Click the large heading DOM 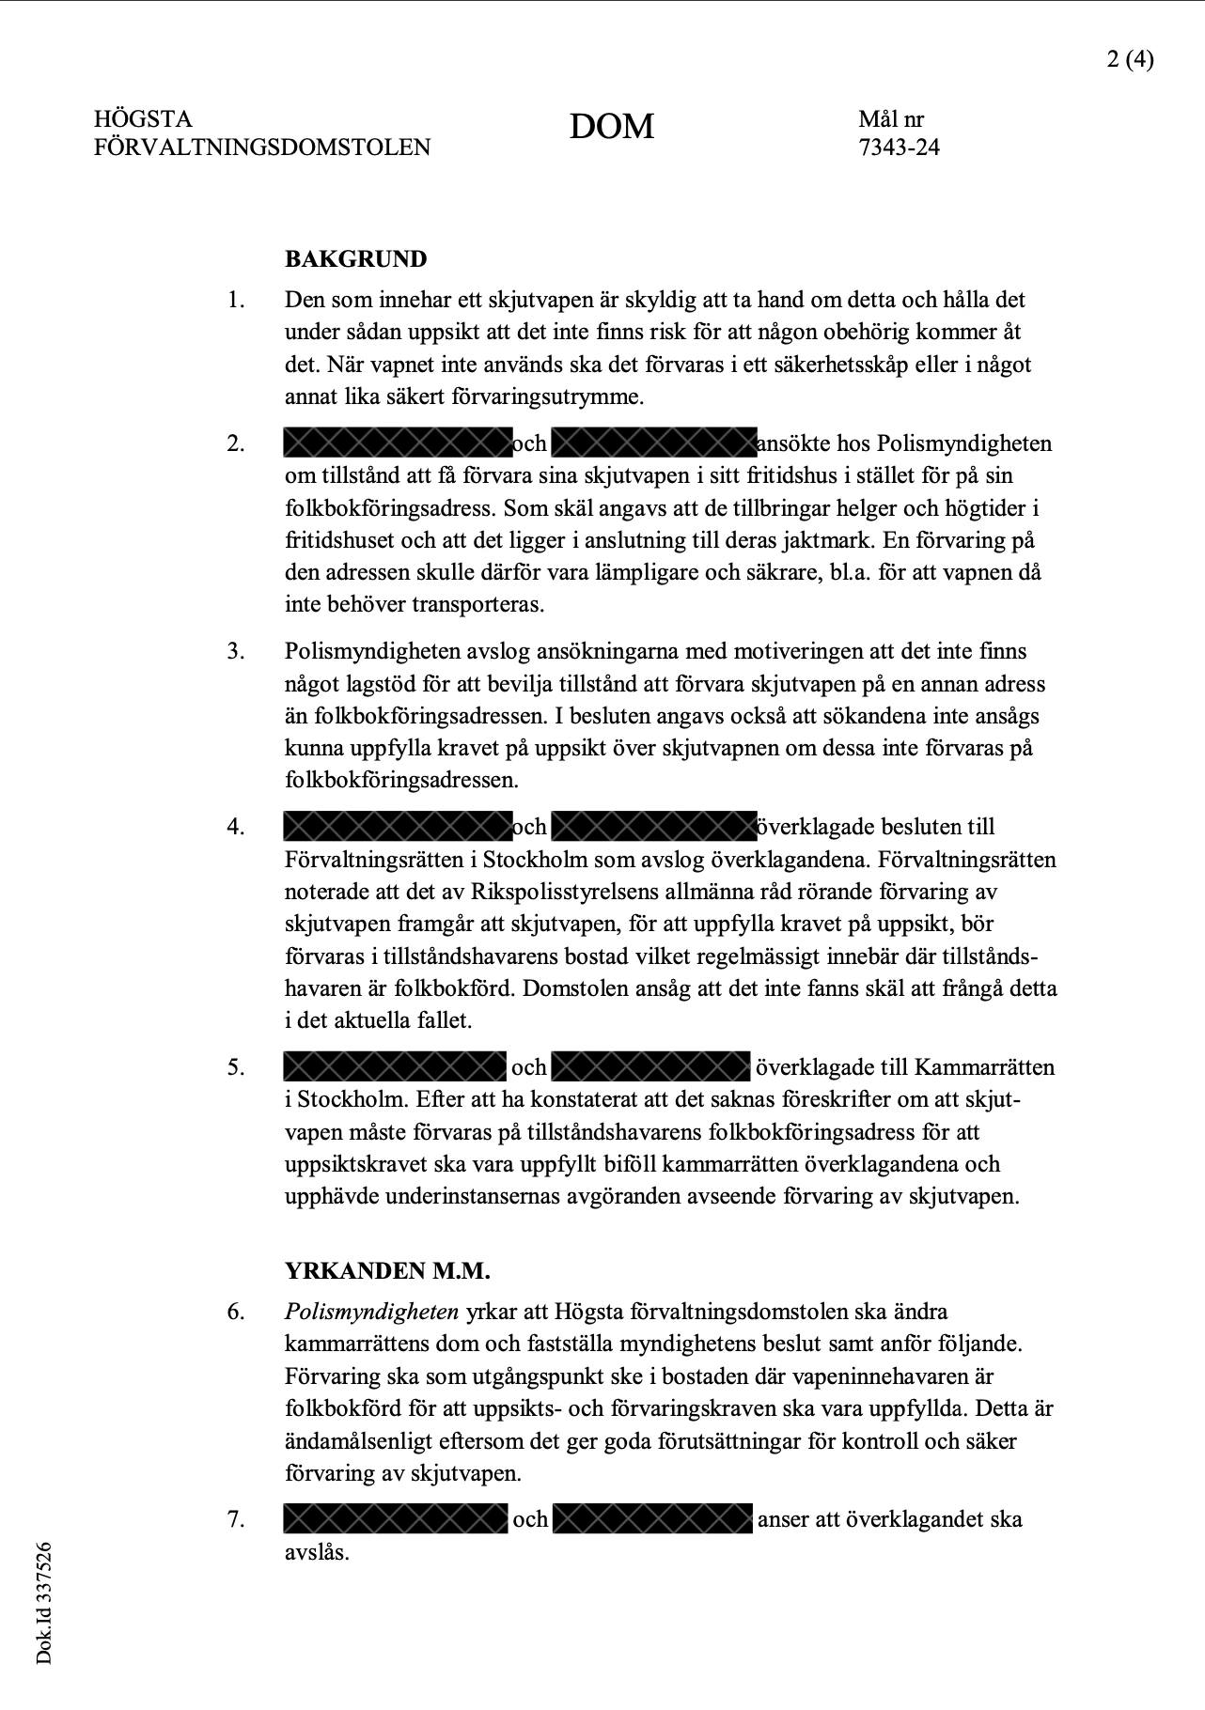point(611,127)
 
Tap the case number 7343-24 point(899,148)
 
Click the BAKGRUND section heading point(355,259)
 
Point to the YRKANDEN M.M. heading point(387,1271)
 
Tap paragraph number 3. point(235,652)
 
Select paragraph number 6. point(235,1312)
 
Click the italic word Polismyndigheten point(371,1312)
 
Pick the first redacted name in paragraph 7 point(395,1519)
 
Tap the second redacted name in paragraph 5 point(650,1067)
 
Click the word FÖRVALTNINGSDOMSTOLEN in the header point(262,148)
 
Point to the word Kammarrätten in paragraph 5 point(984,1067)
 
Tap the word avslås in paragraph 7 point(316,1551)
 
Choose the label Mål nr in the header point(890,119)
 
